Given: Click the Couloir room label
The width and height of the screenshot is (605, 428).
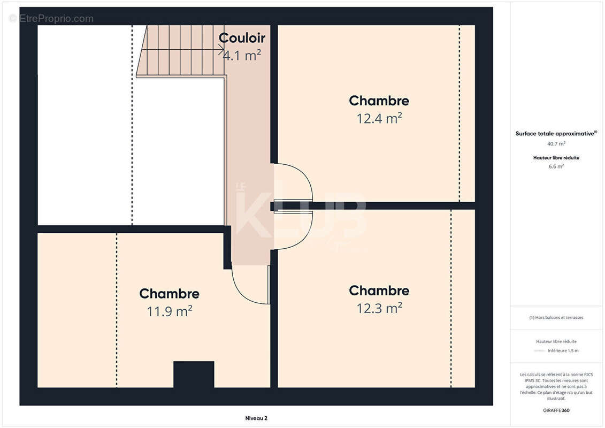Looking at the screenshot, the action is click(242, 38).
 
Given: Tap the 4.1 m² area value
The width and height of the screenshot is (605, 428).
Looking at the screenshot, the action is click(242, 55).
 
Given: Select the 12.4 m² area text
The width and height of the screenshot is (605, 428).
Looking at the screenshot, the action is click(379, 118).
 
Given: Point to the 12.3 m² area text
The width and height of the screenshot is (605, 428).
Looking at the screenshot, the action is click(379, 308).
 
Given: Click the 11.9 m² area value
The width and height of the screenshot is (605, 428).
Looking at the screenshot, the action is click(169, 311).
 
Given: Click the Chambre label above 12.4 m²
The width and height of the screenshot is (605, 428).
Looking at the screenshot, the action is click(379, 101).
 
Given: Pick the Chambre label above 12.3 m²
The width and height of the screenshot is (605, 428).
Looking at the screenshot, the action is click(379, 291).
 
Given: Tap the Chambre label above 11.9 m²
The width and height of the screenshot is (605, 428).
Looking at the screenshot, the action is click(169, 294).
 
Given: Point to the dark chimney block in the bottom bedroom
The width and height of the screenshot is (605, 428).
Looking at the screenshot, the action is click(194, 374).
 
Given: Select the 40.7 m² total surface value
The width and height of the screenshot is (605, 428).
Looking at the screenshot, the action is click(556, 143).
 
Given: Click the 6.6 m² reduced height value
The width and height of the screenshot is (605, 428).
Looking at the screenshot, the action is click(556, 166).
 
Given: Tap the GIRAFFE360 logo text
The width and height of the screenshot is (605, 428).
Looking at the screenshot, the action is click(556, 410).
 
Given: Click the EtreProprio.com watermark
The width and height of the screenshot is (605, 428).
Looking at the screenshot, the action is click(51, 19).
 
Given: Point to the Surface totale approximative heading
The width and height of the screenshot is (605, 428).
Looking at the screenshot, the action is click(556, 134).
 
